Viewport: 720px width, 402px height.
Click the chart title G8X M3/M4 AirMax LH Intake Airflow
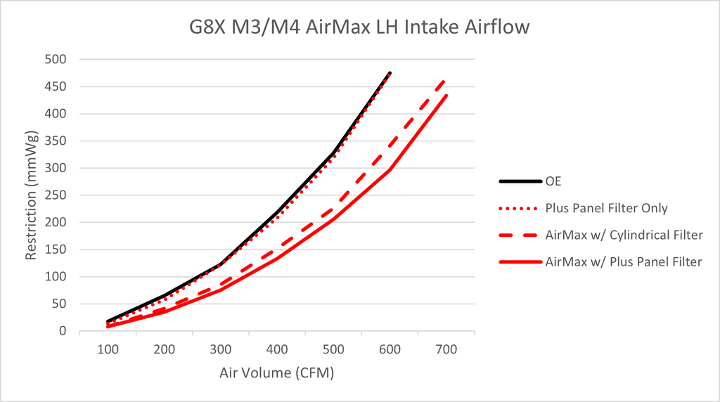[x=359, y=27]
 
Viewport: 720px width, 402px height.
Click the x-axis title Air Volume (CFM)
[x=277, y=372]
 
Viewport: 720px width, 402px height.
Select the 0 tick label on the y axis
[x=62, y=331]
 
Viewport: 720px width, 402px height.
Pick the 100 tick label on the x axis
[x=108, y=349]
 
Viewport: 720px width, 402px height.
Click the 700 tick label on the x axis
[x=446, y=349]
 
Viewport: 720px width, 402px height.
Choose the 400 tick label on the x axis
[x=277, y=349]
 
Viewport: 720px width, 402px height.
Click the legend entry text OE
[x=554, y=181]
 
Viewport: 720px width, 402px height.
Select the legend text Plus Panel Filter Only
[x=605, y=208]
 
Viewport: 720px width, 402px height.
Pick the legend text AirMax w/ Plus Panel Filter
[x=623, y=261]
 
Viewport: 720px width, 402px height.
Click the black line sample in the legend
[x=520, y=181]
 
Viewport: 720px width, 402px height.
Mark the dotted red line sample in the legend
[x=520, y=208]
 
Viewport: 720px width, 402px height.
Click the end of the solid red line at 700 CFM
[x=446, y=94]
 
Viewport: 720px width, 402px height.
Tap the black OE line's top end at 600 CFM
[x=390, y=72]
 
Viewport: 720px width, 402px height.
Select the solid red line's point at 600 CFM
[x=390, y=169]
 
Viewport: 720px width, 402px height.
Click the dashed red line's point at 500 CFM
[x=333, y=209]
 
